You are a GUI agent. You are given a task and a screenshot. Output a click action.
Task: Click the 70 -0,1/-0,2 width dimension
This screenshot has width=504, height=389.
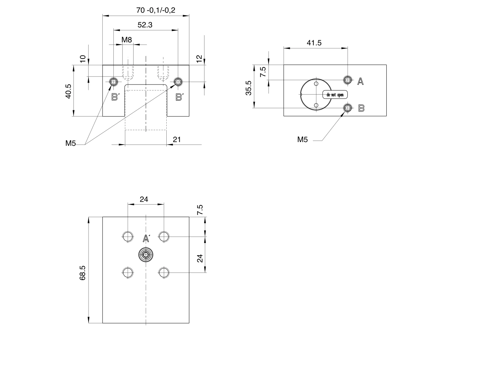click(x=156, y=10)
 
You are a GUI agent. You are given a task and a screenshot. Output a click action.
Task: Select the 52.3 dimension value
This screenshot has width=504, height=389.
click(x=145, y=25)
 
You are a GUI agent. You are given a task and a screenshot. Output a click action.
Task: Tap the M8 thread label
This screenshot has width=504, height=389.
click(x=127, y=40)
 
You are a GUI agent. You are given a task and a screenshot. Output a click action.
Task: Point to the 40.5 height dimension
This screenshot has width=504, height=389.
click(x=68, y=91)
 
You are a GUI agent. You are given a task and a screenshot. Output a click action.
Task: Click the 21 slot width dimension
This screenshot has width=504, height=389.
click(x=177, y=139)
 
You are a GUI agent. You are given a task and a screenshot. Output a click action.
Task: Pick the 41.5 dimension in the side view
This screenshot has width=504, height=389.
click(x=314, y=43)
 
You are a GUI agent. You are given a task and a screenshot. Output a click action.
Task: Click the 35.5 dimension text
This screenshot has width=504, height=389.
click(x=248, y=88)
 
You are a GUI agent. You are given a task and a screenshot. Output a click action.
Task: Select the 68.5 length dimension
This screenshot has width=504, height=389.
click(x=82, y=273)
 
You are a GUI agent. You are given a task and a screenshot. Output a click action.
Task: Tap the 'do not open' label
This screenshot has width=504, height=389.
click(x=335, y=95)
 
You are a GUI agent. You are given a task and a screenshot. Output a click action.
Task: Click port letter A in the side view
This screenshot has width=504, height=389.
click(x=360, y=82)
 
